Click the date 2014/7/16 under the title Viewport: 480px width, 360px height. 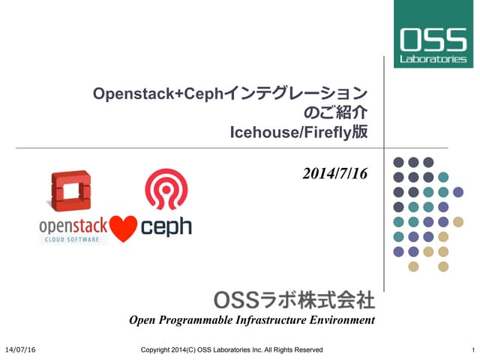click(x=335, y=174)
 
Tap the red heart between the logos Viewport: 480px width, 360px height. click(x=124, y=227)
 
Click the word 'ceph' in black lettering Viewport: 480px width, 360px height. click(x=166, y=226)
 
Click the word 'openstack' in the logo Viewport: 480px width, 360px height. click(x=73, y=225)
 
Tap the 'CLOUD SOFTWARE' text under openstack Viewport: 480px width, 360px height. click(x=73, y=239)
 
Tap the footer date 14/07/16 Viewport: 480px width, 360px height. click(x=20, y=349)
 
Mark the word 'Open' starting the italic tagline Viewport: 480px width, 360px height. click(x=142, y=321)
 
